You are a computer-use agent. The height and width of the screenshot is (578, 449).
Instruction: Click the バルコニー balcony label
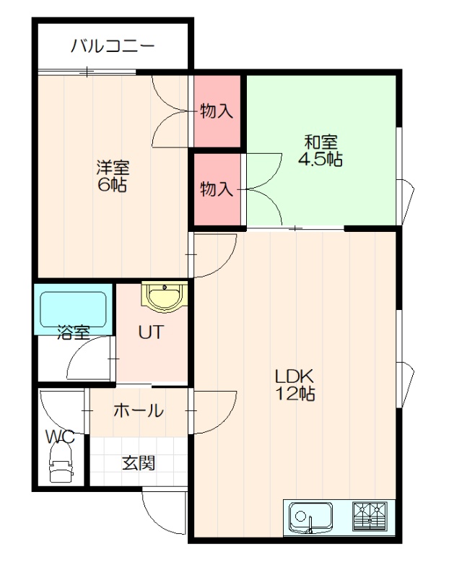click(x=113, y=46)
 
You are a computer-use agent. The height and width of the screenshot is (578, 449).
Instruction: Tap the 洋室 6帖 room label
click(x=113, y=176)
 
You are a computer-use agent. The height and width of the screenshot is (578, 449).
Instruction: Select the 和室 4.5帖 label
click(x=320, y=150)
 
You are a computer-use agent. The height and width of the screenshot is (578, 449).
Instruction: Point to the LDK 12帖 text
click(x=295, y=384)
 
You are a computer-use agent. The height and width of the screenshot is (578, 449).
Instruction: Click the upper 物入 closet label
click(x=217, y=111)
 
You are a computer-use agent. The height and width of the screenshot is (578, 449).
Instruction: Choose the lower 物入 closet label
click(x=217, y=189)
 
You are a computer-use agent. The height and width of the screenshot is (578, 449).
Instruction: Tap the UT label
click(x=150, y=332)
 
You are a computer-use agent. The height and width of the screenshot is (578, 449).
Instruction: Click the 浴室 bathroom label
click(x=74, y=332)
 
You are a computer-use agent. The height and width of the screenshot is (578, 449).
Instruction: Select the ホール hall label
click(x=139, y=410)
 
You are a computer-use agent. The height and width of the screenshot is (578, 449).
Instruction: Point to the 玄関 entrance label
click(x=139, y=463)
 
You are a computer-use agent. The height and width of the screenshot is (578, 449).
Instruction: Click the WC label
click(x=60, y=437)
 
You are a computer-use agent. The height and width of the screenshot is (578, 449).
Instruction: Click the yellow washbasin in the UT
click(x=165, y=297)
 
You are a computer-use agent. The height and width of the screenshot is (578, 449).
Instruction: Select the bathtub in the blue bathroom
click(x=74, y=309)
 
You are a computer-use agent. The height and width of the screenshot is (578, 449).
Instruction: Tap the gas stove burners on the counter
click(x=370, y=516)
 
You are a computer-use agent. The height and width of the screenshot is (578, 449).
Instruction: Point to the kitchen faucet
click(x=310, y=525)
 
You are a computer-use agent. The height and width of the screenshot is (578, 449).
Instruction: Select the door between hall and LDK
click(x=212, y=411)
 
